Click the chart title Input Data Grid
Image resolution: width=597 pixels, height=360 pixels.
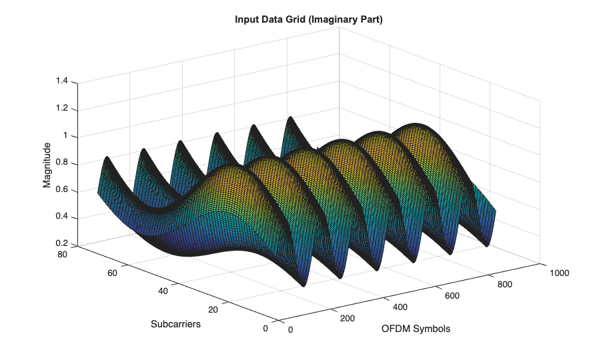[308, 20]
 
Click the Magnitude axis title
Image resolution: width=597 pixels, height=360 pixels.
[47, 165]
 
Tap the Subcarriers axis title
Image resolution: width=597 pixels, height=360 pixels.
[176, 324]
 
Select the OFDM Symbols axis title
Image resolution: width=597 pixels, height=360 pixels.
[416, 329]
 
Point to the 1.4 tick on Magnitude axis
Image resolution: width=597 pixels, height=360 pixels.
[61, 81]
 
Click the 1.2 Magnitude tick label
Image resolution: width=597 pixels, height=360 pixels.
[61, 109]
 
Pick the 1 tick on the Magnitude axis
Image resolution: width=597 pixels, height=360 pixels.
[65, 136]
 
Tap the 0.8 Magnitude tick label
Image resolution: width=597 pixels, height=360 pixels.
[61, 163]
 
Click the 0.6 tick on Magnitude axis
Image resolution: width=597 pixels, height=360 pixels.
[61, 191]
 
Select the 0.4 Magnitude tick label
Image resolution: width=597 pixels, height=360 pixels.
[61, 217]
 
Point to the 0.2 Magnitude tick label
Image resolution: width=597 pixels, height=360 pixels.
[61, 244]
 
